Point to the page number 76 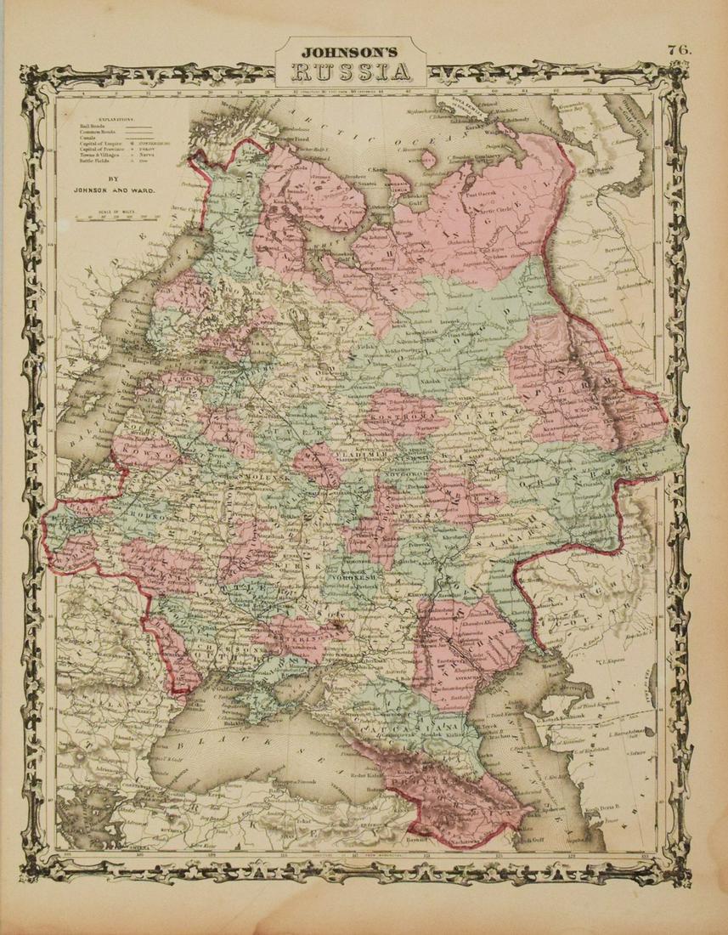click(x=680, y=48)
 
